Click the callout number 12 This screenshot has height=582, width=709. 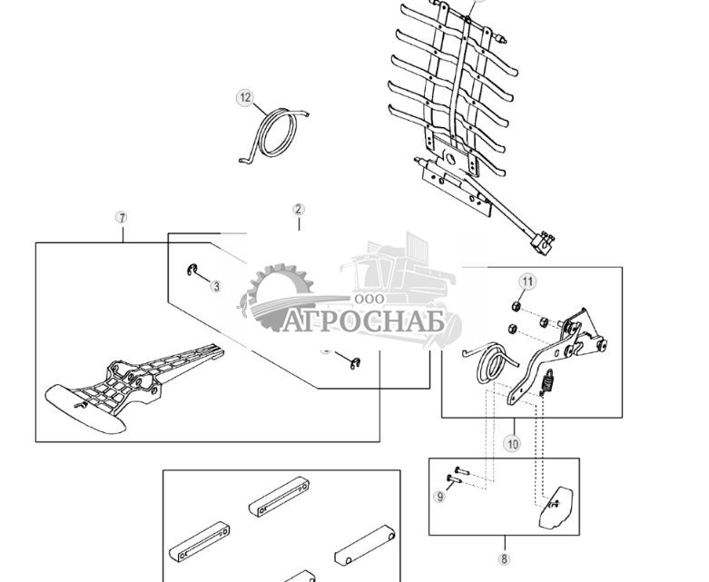[244, 98]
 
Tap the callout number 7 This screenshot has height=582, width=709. [122, 218]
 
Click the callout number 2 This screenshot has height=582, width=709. [299, 210]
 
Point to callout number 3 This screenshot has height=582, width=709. [216, 286]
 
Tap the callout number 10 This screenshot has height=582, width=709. [513, 444]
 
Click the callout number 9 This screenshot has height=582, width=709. [439, 497]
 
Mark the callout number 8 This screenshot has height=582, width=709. [505, 558]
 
